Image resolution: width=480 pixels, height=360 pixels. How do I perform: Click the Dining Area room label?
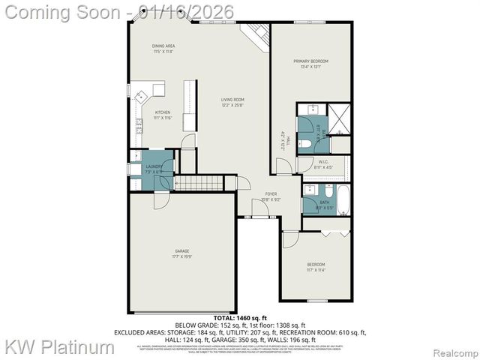pos(163,49)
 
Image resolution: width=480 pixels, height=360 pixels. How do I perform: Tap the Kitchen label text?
pos(163,115)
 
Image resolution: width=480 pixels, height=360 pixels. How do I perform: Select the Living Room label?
pos(232,102)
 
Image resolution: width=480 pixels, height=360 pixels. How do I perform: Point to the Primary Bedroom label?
pos(311,63)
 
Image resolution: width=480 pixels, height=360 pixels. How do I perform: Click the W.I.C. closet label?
pos(324,163)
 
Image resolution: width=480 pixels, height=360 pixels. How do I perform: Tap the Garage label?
pos(182,253)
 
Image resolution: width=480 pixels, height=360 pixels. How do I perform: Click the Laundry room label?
pos(154,169)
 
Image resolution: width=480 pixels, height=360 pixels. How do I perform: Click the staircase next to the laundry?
pos(201,182)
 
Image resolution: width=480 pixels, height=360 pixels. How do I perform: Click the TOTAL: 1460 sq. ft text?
pos(240,319)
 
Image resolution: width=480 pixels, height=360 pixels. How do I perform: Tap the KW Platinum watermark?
pos(60,347)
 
